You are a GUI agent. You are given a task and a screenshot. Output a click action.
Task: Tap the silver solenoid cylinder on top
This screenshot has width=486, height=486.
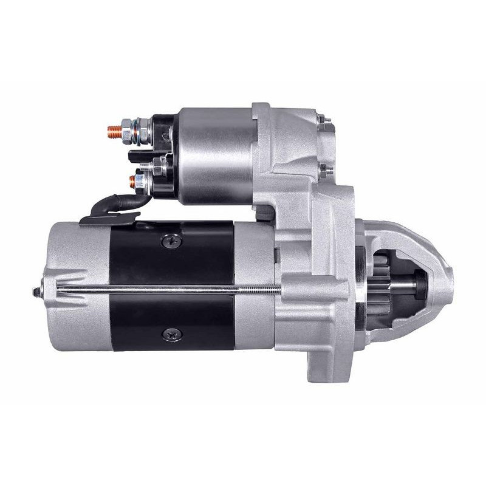tap(216, 155)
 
